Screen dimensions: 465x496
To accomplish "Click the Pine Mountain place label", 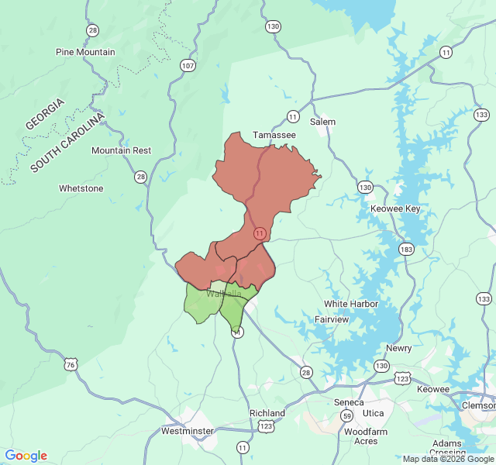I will pyautogui.click(x=85, y=52).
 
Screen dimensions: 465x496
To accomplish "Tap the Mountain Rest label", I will pyautogui.click(x=121, y=150).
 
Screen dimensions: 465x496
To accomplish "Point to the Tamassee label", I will pyautogui.click(x=274, y=135).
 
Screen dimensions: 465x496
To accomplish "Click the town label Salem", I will pyautogui.click(x=322, y=122).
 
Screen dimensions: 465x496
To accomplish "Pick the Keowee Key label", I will pyautogui.click(x=395, y=209).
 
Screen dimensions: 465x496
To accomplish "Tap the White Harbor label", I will pyautogui.click(x=351, y=304).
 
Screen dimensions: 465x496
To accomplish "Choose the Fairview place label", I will pyautogui.click(x=332, y=319).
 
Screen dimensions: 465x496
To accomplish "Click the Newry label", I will pyautogui.click(x=398, y=348).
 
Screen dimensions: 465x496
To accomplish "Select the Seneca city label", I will pyautogui.click(x=349, y=402).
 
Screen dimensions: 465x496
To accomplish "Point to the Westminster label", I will pyautogui.click(x=187, y=430).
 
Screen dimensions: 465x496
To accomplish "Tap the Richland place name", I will pyautogui.click(x=267, y=413).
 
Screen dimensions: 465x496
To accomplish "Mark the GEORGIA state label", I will pyautogui.click(x=45, y=114).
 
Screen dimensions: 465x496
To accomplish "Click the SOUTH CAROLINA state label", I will pyautogui.click(x=67, y=143).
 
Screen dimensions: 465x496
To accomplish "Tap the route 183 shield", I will pyautogui.click(x=406, y=249).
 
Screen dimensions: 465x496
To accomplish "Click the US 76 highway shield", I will pyautogui.click(x=71, y=364).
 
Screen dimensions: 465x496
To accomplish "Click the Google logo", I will pyautogui.click(x=26, y=456).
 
